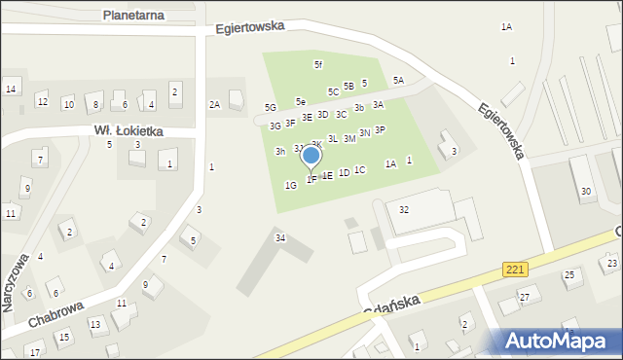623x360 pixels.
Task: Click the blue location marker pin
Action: point(311,156)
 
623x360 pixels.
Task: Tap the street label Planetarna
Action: point(134,16)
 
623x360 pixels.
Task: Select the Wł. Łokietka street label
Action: point(128,130)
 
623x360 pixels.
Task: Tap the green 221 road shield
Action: point(516,268)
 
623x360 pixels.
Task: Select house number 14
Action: point(11,90)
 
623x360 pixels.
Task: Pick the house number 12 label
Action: point(42,101)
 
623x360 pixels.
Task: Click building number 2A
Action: point(214,104)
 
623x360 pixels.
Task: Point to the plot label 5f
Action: point(317,64)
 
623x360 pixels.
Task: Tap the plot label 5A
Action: point(398,81)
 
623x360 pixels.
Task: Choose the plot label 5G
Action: point(271,108)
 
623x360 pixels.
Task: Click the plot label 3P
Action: point(380,129)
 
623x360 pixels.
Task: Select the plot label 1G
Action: point(290,185)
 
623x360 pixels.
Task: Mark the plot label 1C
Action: point(359,170)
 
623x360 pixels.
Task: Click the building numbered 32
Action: point(404,210)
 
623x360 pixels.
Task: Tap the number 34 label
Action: point(280,237)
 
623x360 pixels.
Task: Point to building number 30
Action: point(585,192)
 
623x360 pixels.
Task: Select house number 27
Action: point(524,297)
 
